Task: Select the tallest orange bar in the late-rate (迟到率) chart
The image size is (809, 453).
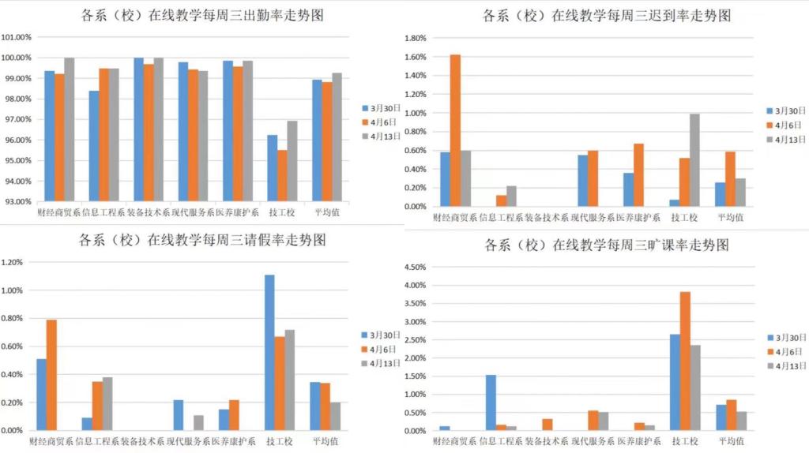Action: [x=455, y=130]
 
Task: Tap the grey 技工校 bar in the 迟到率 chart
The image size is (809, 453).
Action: [x=694, y=160]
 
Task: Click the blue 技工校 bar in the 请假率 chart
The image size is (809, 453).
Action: [x=270, y=352]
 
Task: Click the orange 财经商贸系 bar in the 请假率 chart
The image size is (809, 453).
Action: [x=51, y=375]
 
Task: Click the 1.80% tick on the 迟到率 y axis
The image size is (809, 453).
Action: [x=416, y=38]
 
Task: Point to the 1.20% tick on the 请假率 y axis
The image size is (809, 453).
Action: [x=13, y=262]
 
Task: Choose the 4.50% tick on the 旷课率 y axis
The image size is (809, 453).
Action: [x=416, y=267]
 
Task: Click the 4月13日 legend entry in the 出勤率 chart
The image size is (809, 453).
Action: [x=385, y=136]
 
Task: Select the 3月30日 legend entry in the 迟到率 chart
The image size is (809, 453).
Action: [x=788, y=110]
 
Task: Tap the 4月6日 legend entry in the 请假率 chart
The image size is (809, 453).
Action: [x=384, y=349]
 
